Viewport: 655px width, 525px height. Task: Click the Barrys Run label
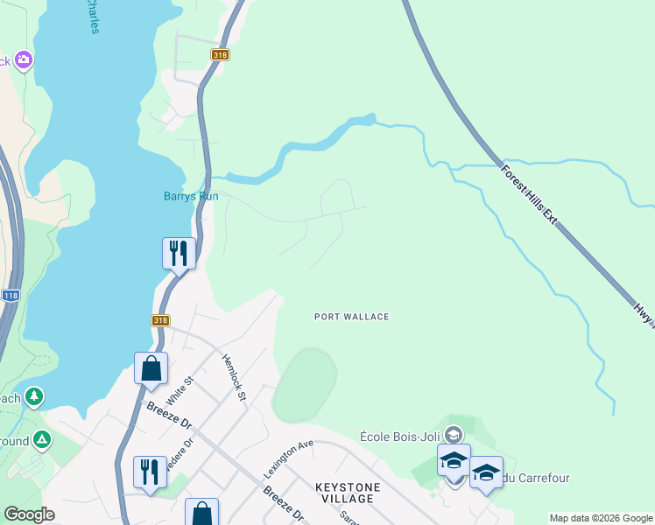pyautogui.click(x=191, y=196)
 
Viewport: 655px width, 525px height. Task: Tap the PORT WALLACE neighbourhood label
pyautogui.click(x=351, y=317)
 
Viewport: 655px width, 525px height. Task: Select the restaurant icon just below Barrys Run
pyautogui.click(x=179, y=254)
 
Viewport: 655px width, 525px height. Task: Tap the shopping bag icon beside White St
pyautogui.click(x=151, y=367)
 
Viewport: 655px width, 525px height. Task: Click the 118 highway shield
pyautogui.click(x=10, y=297)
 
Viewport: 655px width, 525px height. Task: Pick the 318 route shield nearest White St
pyautogui.click(x=159, y=320)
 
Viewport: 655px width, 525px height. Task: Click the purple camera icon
pyautogui.click(x=24, y=60)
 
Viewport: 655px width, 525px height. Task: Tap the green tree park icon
pyautogui.click(x=34, y=397)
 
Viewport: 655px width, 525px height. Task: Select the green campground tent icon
pyautogui.click(x=41, y=440)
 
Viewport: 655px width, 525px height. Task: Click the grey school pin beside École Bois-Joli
pyautogui.click(x=453, y=434)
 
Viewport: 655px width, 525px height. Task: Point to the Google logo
pyautogui.click(x=29, y=514)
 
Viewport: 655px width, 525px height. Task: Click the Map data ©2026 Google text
pyautogui.click(x=602, y=518)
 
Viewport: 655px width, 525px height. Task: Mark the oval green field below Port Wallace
pyautogui.click(x=304, y=385)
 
